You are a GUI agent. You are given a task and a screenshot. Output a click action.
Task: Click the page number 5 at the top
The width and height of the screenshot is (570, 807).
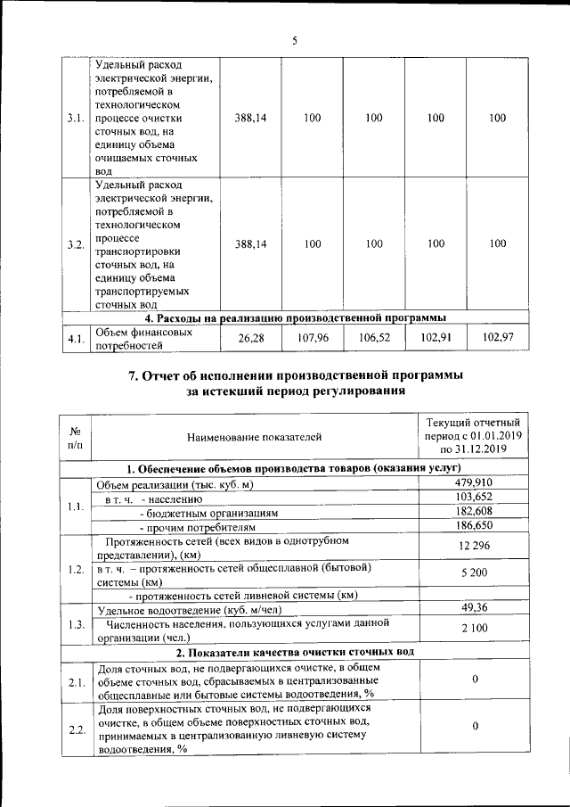(x=294, y=39)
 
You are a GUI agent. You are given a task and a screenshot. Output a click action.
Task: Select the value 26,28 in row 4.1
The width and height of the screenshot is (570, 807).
(x=252, y=339)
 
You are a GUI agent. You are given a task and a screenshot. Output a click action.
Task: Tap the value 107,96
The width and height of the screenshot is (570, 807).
(x=312, y=339)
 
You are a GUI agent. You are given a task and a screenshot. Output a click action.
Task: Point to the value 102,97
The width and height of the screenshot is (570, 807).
(x=498, y=339)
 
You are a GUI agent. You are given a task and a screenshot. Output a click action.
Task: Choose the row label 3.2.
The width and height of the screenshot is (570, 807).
(x=76, y=244)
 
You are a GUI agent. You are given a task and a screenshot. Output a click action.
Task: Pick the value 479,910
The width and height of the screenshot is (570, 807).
(x=474, y=483)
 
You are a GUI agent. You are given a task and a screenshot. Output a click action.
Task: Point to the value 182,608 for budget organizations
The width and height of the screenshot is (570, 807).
(x=474, y=513)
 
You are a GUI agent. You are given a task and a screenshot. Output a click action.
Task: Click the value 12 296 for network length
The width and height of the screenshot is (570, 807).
(x=474, y=546)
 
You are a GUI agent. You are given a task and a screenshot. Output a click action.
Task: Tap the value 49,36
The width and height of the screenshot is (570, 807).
(x=474, y=608)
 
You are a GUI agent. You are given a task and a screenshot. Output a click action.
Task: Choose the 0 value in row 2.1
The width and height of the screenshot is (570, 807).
(x=475, y=680)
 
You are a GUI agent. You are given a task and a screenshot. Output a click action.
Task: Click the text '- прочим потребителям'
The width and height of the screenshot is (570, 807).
(x=188, y=528)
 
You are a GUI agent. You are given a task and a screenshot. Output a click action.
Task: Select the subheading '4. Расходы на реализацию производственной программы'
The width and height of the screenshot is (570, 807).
(x=294, y=317)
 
